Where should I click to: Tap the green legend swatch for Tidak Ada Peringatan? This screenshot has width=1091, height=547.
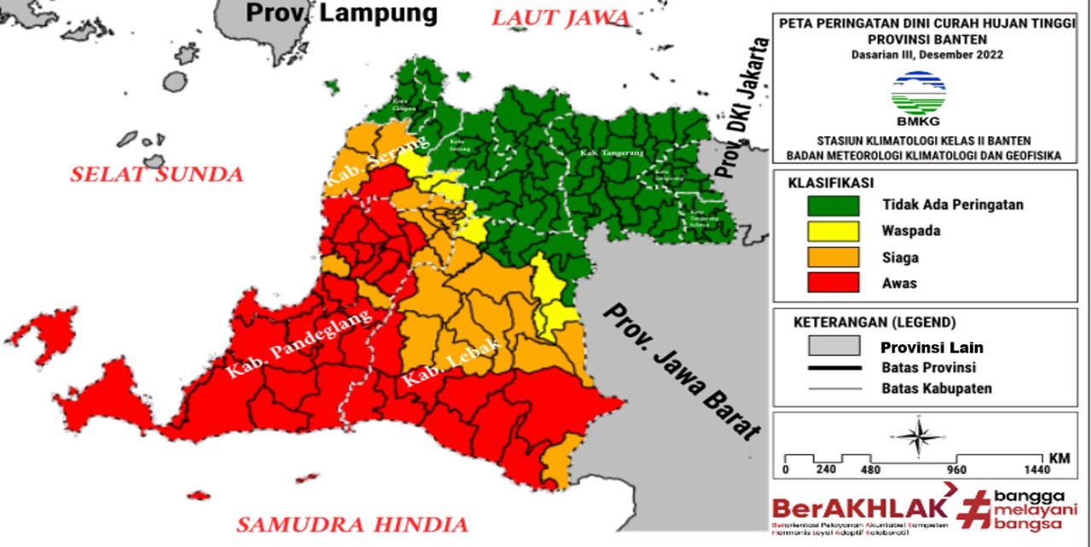coord(833,204)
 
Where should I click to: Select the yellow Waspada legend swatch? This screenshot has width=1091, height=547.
coord(833,230)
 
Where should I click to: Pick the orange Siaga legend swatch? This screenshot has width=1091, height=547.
coord(833,256)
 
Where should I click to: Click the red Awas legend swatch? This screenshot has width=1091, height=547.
coord(833,283)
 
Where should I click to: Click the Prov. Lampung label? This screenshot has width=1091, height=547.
coord(341,14)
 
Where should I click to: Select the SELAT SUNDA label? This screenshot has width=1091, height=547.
coord(156,175)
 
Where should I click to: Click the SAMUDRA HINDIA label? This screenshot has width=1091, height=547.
coord(352,523)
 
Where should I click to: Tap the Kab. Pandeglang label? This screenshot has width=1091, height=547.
coord(300,343)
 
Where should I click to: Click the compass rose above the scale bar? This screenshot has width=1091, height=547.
coord(917,436)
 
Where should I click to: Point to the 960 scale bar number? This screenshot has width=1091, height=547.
coord(955,470)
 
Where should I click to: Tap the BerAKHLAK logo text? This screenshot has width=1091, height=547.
coord(858,508)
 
